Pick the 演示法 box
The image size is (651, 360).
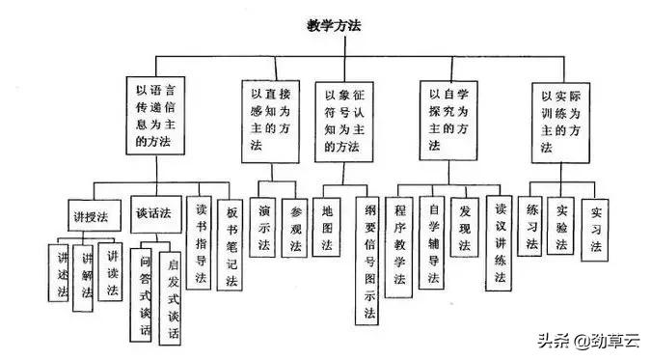click(264, 228)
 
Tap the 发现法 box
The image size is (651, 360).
click(466, 228)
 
